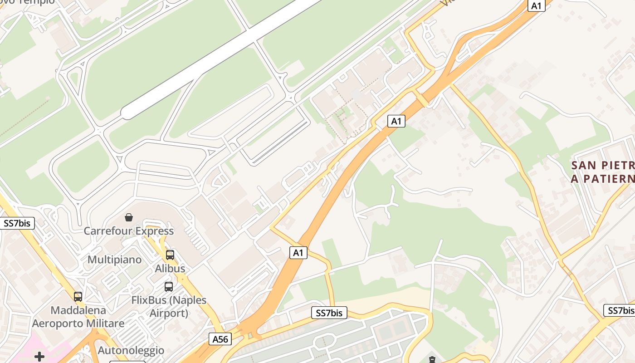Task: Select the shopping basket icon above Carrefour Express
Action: (x=129, y=217)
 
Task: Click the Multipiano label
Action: (x=114, y=260)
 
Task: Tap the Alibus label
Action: (x=170, y=269)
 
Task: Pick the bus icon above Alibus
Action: (x=170, y=255)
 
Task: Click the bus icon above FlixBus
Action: (x=169, y=287)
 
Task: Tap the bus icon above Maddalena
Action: (x=78, y=297)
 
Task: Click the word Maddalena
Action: (x=78, y=311)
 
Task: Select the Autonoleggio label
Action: (x=131, y=351)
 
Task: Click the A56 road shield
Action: (x=221, y=339)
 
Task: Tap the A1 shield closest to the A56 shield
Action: (x=298, y=253)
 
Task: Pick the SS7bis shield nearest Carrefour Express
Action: (x=17, y=224)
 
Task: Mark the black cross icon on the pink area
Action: (x=39, y=357)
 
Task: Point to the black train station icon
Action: (x=432, y=359)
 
